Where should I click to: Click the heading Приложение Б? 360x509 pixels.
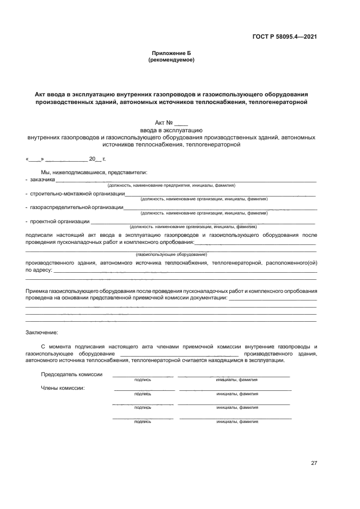(171, 53)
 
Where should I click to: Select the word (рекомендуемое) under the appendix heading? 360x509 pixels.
(171, 60)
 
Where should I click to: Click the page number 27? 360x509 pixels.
(314, 463)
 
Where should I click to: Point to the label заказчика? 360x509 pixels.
(42, 179)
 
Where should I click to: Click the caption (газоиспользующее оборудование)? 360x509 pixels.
(171, 255)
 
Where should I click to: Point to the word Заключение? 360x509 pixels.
(41, 332)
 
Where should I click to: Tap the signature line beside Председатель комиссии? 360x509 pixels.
(143, 376)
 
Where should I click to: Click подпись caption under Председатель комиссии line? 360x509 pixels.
(143, 380)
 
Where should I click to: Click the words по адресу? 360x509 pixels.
(39, 269)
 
